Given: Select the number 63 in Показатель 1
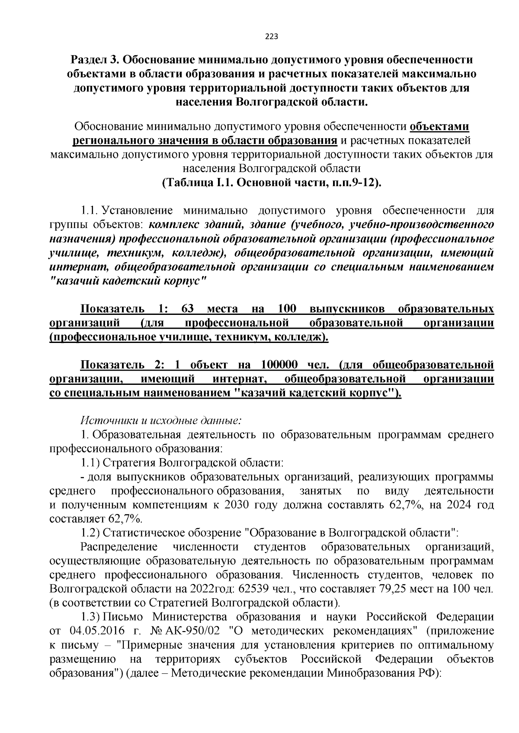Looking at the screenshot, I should (189, 309).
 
